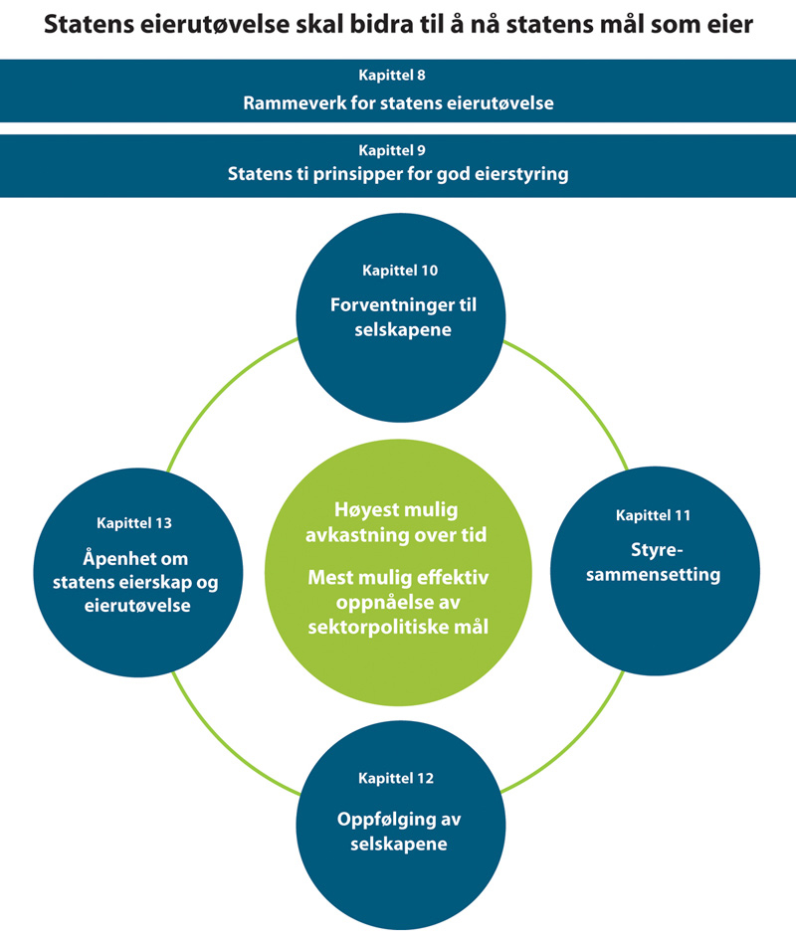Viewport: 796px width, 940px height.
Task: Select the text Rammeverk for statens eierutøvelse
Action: pos(398,102)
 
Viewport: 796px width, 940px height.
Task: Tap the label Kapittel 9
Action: pos(398,150)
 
